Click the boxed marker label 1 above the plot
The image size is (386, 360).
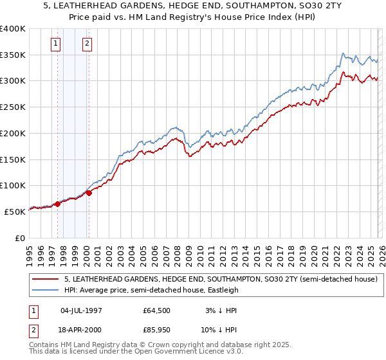pyautogui.click(x=55, y=44)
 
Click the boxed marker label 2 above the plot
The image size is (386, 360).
pyautogui.click(x=87, y=44)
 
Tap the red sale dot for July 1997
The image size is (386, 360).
pyautogui.click(x=57, y=204)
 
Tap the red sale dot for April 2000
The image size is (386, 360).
pyautogui.click(x=89, y=192)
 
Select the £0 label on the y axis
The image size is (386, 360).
pyautogui.click(x=21, y=238)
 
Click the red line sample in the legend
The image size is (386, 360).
pyautogui.click(x=46, y=279)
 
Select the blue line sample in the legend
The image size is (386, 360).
pyautogui.click(x=46, y=290)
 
